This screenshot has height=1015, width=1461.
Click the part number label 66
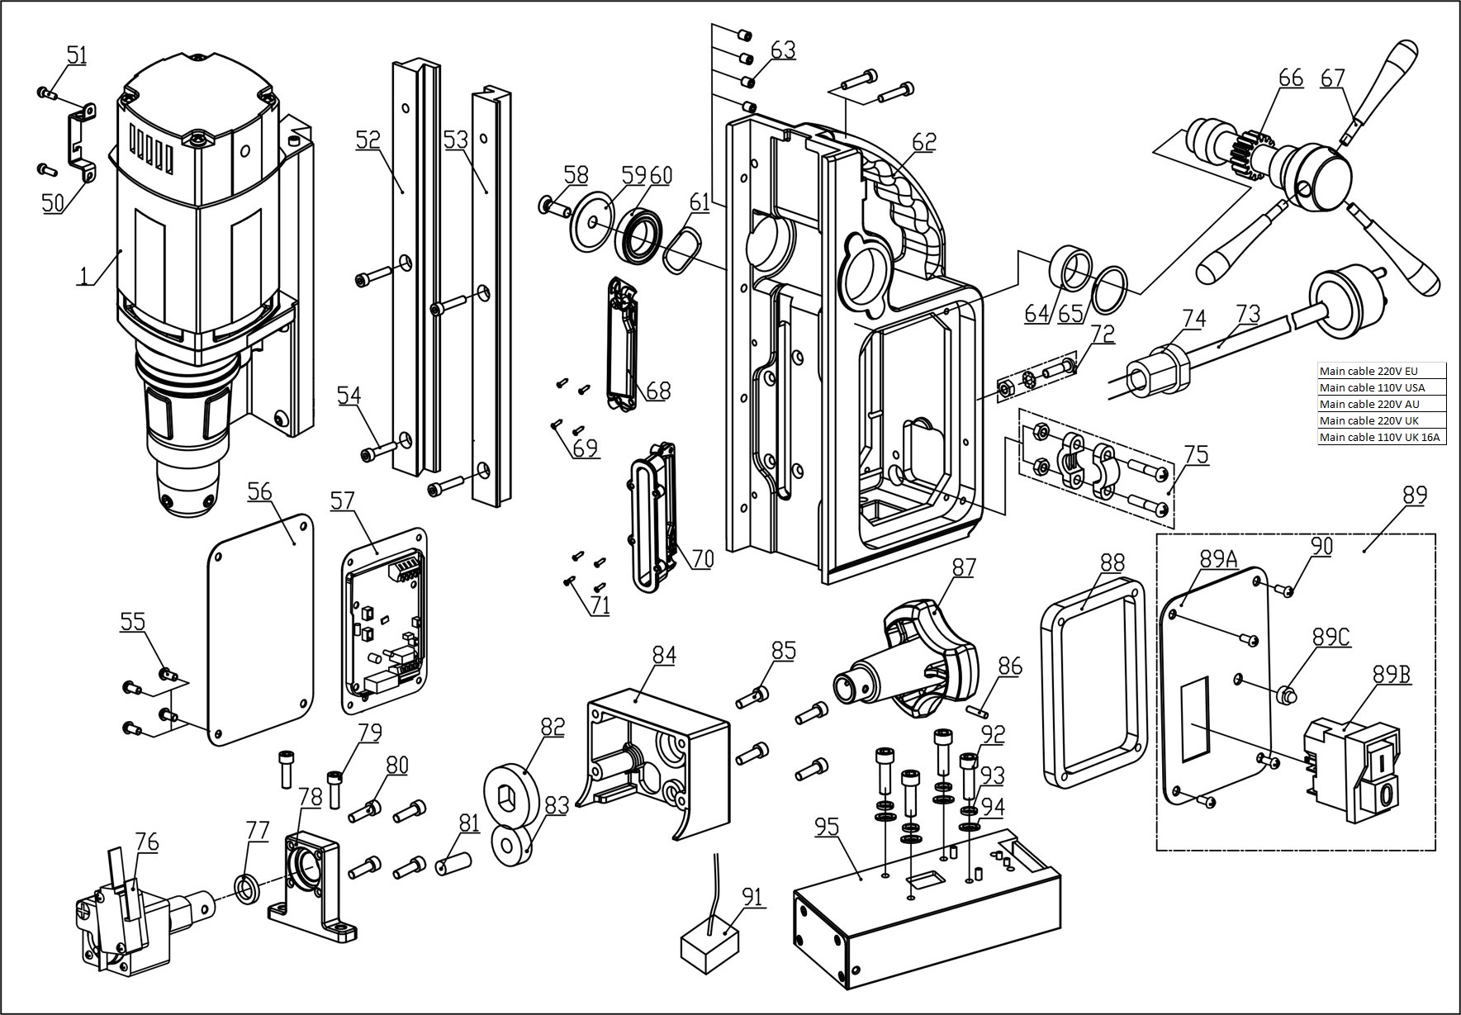tap(1290, 78)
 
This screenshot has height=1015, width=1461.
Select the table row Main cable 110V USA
tap(1381, 387)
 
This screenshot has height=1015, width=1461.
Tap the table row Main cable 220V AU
tap(1381, 404)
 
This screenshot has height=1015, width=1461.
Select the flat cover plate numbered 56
tap(259, 629)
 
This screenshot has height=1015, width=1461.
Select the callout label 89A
tap(1219, 559)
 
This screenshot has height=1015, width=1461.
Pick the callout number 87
tap(963, 567)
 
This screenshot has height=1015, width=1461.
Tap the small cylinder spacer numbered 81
tap(454, 862)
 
